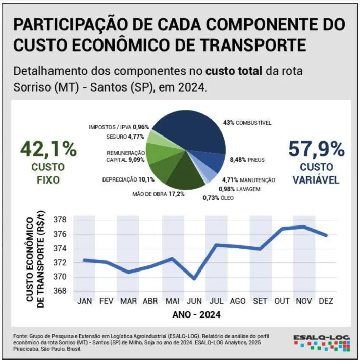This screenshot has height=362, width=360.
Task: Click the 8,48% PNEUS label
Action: tap(247, 160)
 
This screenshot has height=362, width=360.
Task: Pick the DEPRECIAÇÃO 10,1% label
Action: tap(126, 179)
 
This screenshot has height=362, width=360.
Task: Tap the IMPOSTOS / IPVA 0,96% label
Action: tap(119, 127)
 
